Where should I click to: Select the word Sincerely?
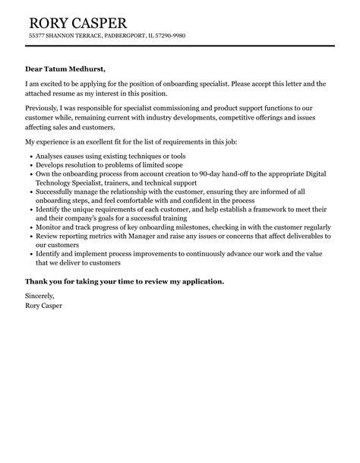tap(40, 298)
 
